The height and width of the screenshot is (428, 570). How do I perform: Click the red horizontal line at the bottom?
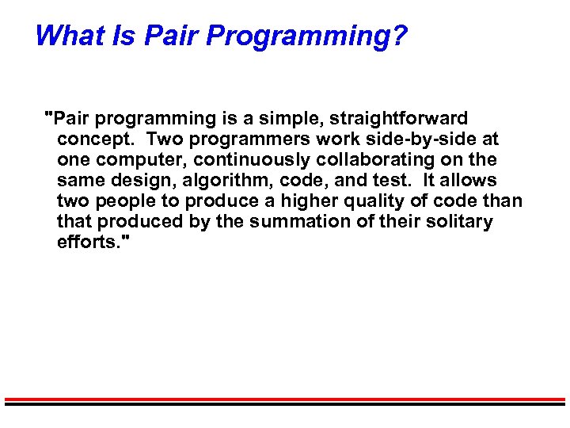point(285,399)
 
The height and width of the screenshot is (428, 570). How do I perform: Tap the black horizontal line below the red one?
point(285,404)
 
